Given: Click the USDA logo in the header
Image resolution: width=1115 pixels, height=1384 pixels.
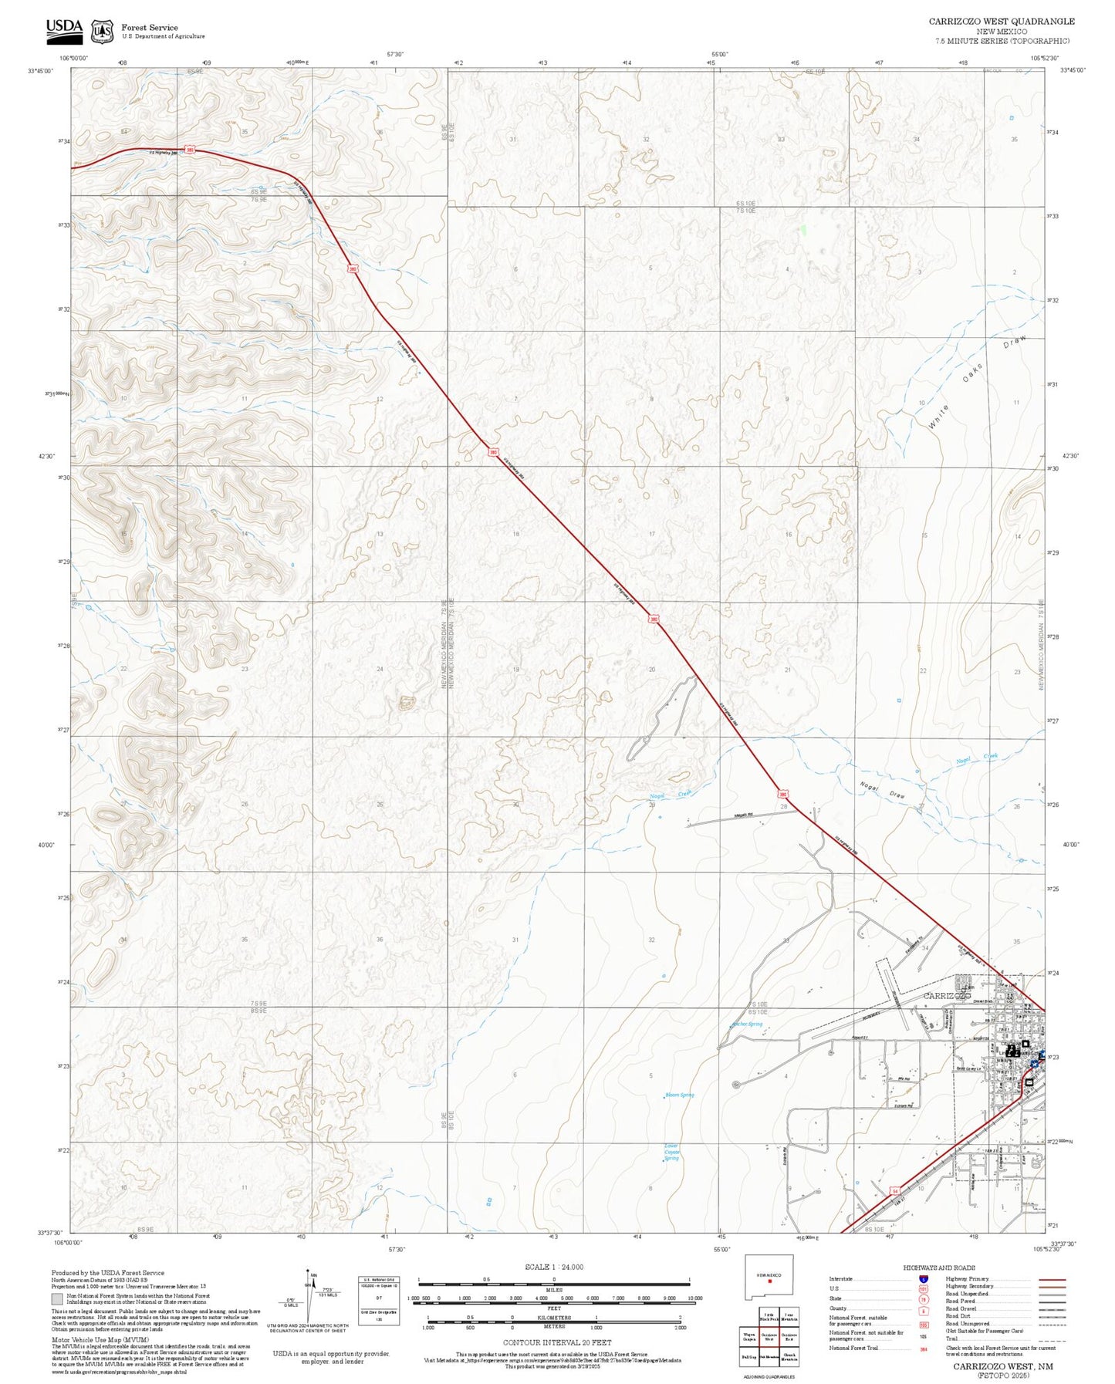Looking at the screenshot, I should [x=64, y=28].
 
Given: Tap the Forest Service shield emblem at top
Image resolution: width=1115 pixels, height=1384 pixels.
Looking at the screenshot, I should [x=102, y=31].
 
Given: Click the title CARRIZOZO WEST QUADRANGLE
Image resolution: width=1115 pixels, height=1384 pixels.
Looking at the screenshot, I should [x=1001, y=21].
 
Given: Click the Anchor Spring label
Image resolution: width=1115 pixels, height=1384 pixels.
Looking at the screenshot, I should [x=746, y=1024].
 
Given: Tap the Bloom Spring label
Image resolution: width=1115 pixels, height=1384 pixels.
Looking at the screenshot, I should [x=679, y=1095].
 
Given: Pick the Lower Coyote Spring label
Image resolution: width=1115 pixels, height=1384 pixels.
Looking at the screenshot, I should [x=671, y=1152].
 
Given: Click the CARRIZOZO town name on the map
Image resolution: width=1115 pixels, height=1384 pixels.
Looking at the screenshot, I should [x=947, y=996].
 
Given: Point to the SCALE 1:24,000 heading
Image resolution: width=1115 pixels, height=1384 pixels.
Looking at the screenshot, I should [x=554, y=1267].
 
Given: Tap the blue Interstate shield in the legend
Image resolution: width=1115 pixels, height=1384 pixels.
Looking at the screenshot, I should [x=923, y=1278].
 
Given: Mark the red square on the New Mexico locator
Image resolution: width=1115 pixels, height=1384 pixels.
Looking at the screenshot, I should [x=770, y=1282].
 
